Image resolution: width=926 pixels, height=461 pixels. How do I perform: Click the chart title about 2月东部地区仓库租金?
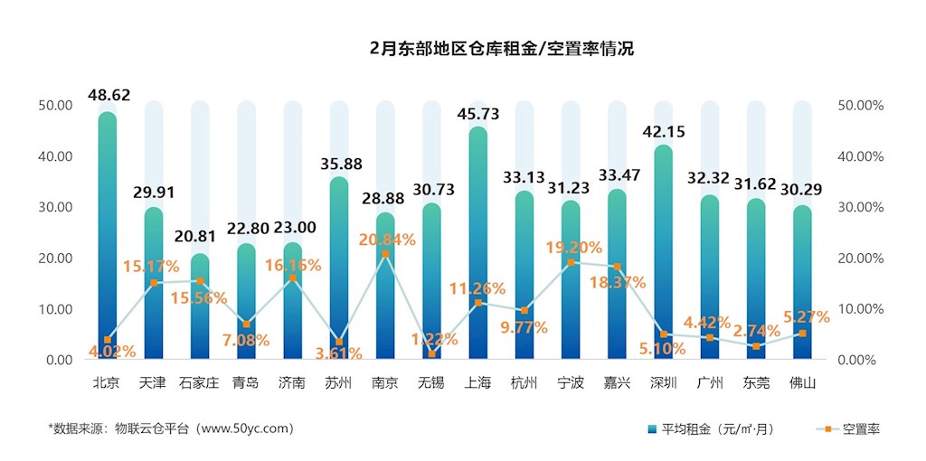[502, 49]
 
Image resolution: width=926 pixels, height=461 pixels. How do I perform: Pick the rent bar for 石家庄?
[200, 307]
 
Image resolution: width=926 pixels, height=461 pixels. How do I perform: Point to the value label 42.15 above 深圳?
[663, 132]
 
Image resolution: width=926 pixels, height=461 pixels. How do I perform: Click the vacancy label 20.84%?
[386, 240]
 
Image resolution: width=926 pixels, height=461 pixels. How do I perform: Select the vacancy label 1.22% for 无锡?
[430, 339]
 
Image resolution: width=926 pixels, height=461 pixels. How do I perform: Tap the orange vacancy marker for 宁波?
[570, 262]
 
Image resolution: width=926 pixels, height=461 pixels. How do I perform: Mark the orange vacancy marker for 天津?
[154, 283]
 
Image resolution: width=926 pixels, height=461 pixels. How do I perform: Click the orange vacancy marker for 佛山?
[801, 333]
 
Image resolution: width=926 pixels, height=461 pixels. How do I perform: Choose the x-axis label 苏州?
[338, 382]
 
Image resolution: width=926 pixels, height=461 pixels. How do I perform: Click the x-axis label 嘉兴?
[617, 382]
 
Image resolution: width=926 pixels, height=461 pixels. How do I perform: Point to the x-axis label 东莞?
[756, 382]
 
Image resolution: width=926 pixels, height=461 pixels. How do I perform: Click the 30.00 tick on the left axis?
[55, 207]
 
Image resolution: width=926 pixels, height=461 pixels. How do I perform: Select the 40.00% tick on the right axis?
[861, 156]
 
